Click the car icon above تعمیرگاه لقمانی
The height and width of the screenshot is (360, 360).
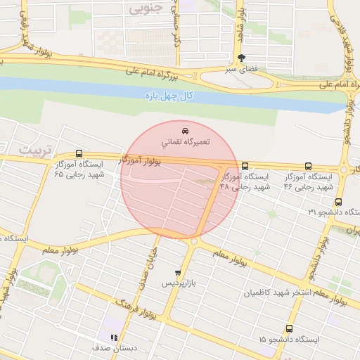[184, 131]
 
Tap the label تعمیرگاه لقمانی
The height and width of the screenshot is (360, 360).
[185, 143]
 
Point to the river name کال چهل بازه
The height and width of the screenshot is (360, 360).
[169, 95]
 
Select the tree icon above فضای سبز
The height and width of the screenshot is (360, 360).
[243, 58]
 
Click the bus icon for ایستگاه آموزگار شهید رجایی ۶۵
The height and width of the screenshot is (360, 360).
[79, 154]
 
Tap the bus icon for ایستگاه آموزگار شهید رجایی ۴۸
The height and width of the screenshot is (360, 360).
[244, 167]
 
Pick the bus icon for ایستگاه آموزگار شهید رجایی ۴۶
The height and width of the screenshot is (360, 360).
[309, 167]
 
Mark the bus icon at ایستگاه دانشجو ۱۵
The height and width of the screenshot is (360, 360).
[289, 328]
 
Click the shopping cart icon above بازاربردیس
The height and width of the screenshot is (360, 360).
[178, 272]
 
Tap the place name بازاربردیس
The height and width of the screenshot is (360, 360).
[177, 283]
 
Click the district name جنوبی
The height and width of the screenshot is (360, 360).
[145, 8]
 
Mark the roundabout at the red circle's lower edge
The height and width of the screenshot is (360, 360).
[193, 242]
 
